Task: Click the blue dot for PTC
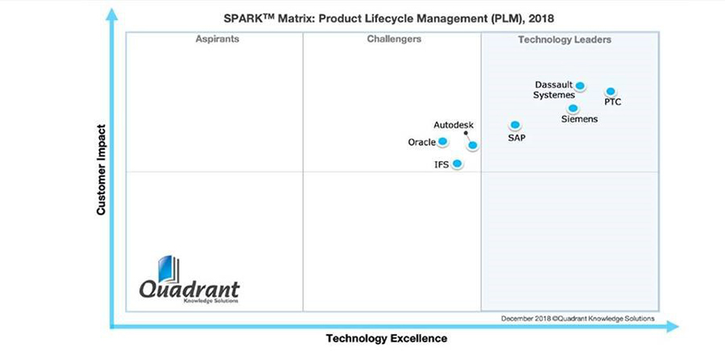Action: tap(611, 92)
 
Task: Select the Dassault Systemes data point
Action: tap(580, 86)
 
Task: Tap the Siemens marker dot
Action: tap(573, 108)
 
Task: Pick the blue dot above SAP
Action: tap(515, 125)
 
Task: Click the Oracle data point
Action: tap(442, 142)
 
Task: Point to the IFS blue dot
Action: tap(458, 163)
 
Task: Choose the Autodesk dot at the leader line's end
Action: tap(473, 146)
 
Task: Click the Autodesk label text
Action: tap(454, 125)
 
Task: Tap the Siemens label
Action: tap(579, 119)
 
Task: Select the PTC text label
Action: tap(613, 102)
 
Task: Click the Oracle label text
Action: tap(422, 143)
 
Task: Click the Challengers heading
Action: tap(394, 39)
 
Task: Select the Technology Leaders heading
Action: tap(565, 39)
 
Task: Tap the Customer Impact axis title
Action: tap(102, 168)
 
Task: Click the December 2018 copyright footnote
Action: tap(578, 318)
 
